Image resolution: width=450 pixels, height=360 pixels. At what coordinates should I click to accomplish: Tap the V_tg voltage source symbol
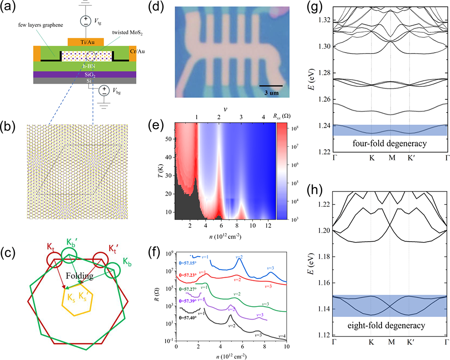[85, 20]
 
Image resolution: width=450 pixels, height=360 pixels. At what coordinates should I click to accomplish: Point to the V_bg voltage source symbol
[103, 90]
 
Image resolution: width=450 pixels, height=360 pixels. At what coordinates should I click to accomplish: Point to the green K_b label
[127, 261]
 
